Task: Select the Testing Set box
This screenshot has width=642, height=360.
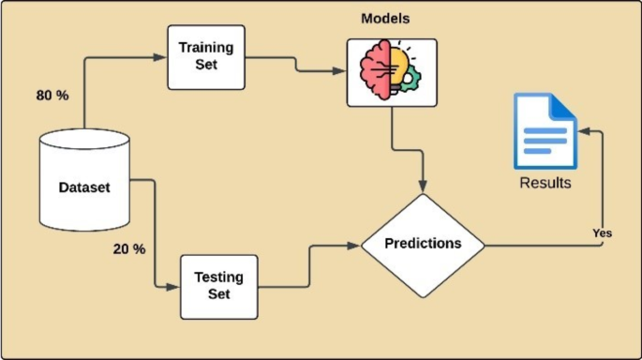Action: coord(217,284)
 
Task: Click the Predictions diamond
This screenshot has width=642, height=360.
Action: coord(424,243)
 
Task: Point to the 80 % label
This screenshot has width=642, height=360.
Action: coord(52,96)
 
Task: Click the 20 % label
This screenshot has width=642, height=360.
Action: coord(129,249)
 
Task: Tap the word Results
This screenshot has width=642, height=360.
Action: coord(545,183)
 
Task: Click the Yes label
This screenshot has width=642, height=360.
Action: coord(602,232)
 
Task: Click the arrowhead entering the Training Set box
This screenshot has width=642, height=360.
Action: coord(162,57)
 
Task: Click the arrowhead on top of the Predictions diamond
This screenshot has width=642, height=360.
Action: coord(424,187)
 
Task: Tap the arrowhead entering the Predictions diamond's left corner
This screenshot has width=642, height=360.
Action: coord(356,246)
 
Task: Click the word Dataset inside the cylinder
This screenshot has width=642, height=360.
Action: coord(84,187)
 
